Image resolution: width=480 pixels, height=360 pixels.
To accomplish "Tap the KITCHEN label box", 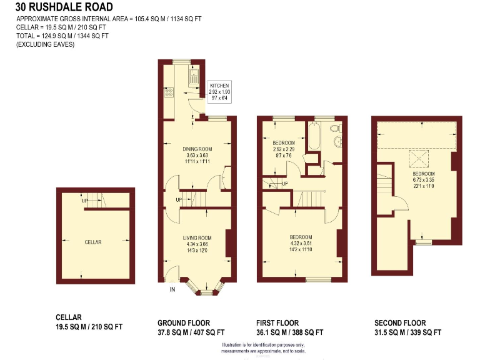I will [x=219, y=92].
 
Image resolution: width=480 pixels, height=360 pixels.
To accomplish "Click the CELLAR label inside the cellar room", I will [x=93, y=242].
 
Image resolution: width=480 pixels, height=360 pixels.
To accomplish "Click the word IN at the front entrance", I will [x=172, y=289].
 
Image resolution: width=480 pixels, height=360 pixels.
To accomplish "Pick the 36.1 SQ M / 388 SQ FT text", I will [x=289, y=332].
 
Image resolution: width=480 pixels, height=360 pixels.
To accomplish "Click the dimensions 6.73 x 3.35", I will [x=422, y=179].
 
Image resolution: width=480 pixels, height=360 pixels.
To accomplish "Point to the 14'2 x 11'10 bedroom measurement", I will [x=301, y=249].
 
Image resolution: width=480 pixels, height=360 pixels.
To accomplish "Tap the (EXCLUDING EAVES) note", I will [x=45, y=45].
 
